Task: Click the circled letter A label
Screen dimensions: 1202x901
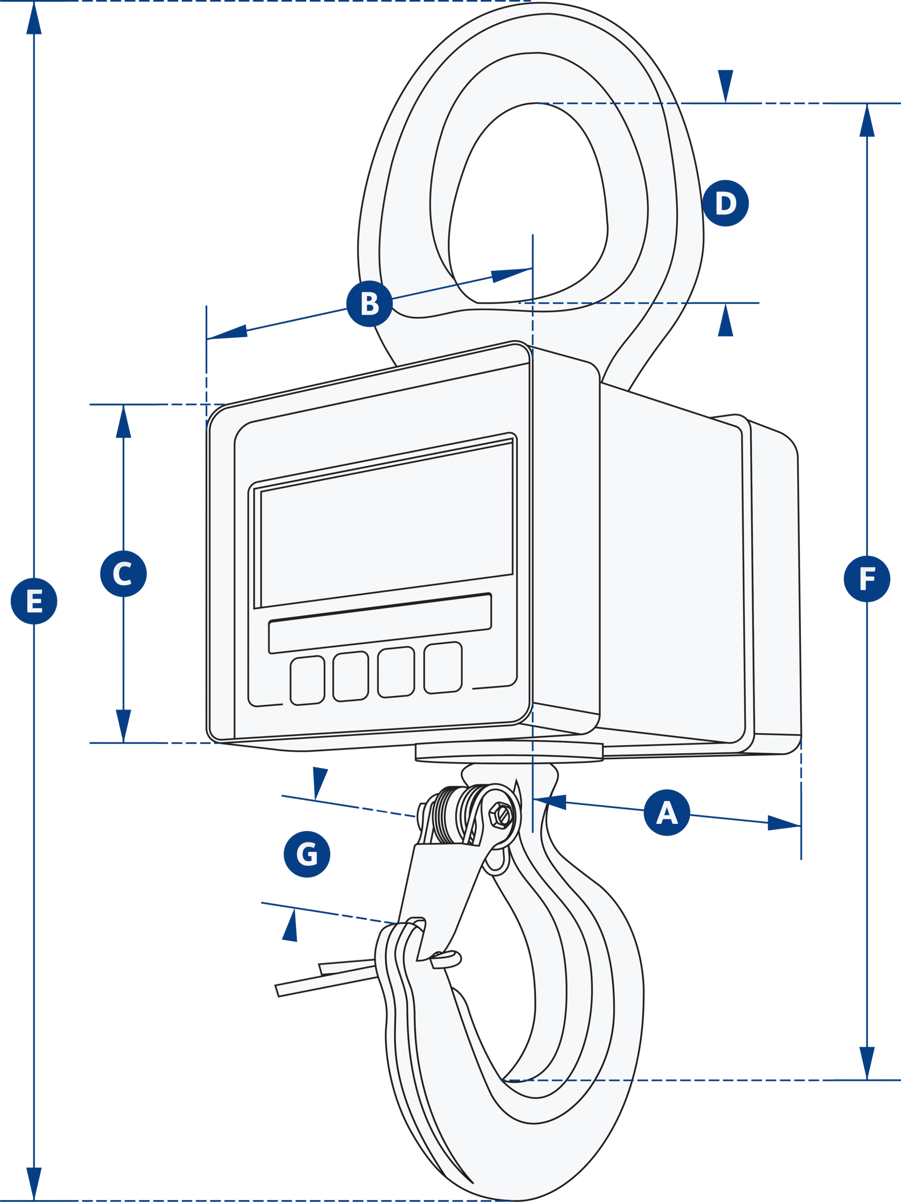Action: coord(667,812)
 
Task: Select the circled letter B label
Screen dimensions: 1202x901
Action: coord(370,304)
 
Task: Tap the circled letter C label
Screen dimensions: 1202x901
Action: coord(124,574)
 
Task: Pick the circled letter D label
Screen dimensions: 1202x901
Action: coord(725,203)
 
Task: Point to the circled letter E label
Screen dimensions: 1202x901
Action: coord(34,601)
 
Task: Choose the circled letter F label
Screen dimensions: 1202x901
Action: coord(867,579)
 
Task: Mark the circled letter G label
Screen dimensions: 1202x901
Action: coord(307,854)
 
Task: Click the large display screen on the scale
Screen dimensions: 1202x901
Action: coord(386,524)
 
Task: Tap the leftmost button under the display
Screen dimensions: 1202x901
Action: coord(307,681)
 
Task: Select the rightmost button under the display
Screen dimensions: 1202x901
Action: coord(443,668)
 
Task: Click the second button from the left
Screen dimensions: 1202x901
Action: coord(351,677)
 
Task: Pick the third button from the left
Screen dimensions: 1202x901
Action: coord(396,672)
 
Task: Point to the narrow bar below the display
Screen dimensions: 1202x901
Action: coord(380,623)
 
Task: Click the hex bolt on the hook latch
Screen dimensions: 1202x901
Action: coord(500,816)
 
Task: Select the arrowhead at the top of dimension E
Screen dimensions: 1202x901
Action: coord(34,19)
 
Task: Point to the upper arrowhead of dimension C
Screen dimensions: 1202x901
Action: coord(124,423)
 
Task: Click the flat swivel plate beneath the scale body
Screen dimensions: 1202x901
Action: coord(509,752)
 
